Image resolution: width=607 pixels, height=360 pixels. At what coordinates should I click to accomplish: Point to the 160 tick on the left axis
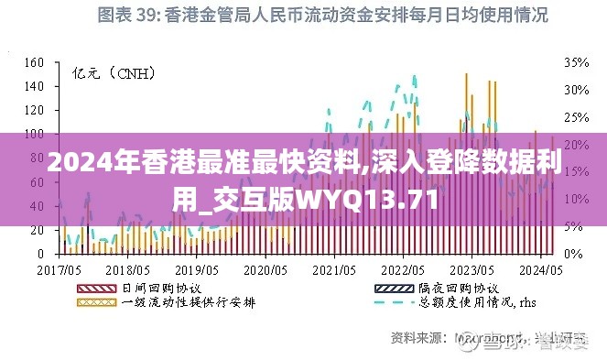tap(33, 63)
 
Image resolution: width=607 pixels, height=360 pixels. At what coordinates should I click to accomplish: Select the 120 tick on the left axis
tap(33, 110)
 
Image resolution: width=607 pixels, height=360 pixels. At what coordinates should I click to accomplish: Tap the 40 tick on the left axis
tap(37, 205)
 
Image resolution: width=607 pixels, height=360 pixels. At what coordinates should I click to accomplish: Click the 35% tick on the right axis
tap(576, 63)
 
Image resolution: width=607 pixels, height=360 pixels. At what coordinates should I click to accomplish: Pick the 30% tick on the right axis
tap(576, 90)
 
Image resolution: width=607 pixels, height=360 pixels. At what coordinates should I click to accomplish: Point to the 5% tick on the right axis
tap(573, 225)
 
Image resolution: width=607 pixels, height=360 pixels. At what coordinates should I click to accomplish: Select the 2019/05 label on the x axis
tap(197, 271)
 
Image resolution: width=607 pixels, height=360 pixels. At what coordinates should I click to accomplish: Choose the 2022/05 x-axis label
tap(402, 271)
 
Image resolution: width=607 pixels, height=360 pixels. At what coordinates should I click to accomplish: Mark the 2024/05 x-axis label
tap(541, 271)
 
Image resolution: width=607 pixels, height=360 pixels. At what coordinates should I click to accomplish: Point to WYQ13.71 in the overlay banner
tap(375, 198)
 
